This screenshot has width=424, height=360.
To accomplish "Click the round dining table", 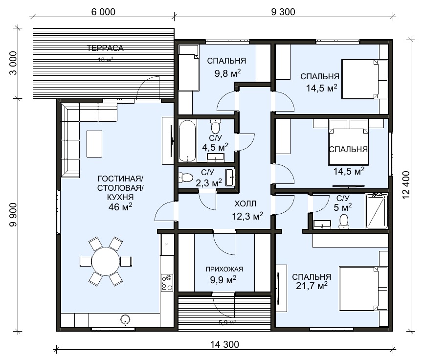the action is (106, 262).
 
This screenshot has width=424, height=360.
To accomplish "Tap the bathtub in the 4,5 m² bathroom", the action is (187, 141).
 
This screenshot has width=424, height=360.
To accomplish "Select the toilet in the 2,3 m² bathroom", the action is (185, 178).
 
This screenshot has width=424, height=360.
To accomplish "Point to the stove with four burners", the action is (167, 283).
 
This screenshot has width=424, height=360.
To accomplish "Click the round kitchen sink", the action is (125, 319).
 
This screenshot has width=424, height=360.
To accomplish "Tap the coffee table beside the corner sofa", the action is (94, 144).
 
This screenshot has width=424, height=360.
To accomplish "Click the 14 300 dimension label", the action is (224, 344).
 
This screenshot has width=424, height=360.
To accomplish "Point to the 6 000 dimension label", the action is (103, 12).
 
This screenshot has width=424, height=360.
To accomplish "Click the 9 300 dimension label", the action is (283, 12).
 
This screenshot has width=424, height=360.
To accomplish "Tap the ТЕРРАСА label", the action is (106, 48).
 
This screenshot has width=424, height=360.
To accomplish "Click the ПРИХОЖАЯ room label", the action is (224, 269).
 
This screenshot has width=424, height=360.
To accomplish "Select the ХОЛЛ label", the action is (245, 203).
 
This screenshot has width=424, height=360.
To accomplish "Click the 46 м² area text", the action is (120, 207).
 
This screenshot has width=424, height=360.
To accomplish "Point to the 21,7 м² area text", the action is (312, 286).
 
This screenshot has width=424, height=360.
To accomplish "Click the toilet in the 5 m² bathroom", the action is (344, 222).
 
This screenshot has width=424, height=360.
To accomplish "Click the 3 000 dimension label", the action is (13, 63).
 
